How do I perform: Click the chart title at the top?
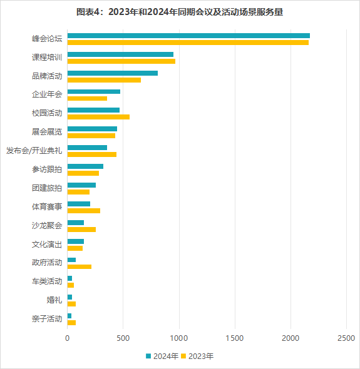[180, 12]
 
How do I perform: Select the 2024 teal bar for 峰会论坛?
[188, 36]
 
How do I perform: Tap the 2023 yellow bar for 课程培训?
[121, 61]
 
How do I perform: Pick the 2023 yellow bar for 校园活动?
[98, 117]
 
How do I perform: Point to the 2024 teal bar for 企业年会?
[94, 92]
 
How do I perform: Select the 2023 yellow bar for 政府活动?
[80, 266]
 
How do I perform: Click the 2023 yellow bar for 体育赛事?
[84, 211]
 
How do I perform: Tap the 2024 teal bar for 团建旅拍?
[81, 185]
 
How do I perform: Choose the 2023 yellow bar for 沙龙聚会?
[81, 230]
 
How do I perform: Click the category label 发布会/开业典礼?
[34, 151]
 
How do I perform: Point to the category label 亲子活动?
[47, 319]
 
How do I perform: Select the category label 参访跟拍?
[47, 169]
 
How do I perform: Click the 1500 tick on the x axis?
[235, 338]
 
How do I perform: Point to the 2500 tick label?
[346, 338]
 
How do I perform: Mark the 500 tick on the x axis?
[123, 338]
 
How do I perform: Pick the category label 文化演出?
[47, 244]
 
